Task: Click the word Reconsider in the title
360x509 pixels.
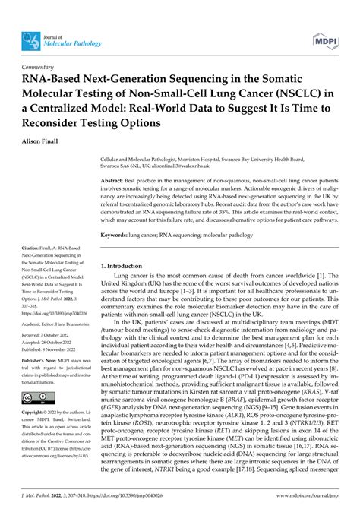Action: [59, 122]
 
